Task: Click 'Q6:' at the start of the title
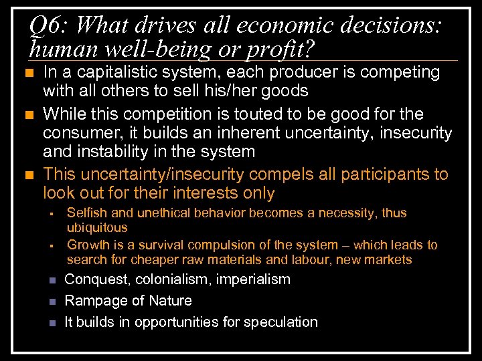49,26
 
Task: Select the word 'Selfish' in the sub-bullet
89,213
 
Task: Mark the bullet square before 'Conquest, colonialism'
52,280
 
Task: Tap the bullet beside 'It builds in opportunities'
52,323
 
